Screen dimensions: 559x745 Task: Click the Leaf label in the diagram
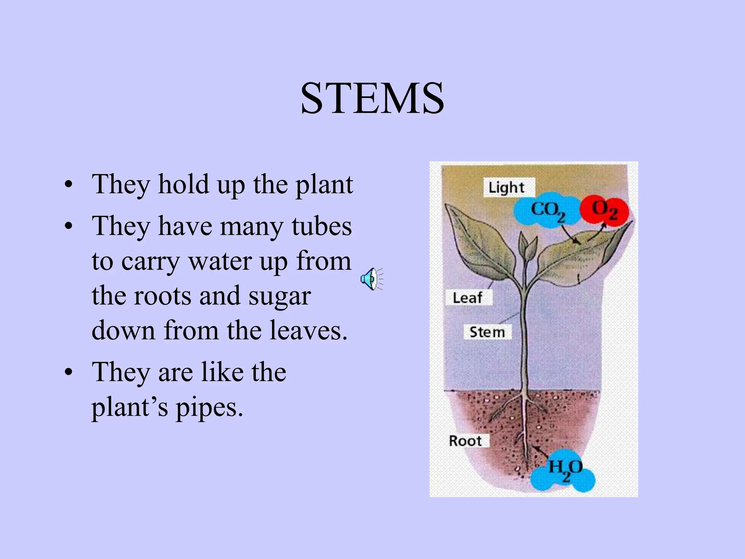(x=467, y=298)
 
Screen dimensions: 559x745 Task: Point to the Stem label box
(x=487, y=332)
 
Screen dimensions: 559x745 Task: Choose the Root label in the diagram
(x=465, y=441)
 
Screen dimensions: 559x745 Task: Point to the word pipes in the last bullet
(x=209, y=407)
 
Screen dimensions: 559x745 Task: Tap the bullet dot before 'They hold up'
(x=68, y=185)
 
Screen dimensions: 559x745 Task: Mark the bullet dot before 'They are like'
(x=68, y=373)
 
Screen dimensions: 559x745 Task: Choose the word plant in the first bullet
(x=324, y=185)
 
